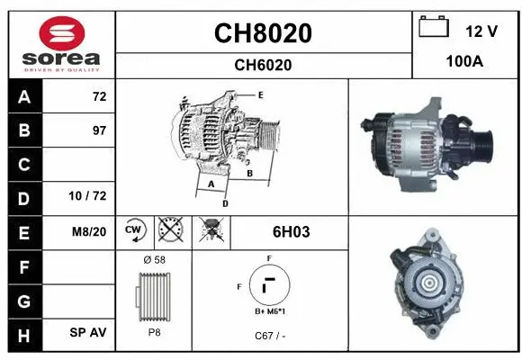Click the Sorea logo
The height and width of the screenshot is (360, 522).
tap(60, 44)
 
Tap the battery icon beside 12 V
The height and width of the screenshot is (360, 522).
tap(435, 28)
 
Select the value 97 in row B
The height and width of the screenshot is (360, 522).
tap(99, 130)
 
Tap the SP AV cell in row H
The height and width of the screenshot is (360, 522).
tap(88, 332)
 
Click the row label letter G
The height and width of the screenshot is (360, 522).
tap(23, 299)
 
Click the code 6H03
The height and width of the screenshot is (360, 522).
tap(291, 231)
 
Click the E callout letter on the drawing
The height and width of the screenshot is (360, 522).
tap(260, 94)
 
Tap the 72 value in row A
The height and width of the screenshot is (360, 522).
tap(99, 96)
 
